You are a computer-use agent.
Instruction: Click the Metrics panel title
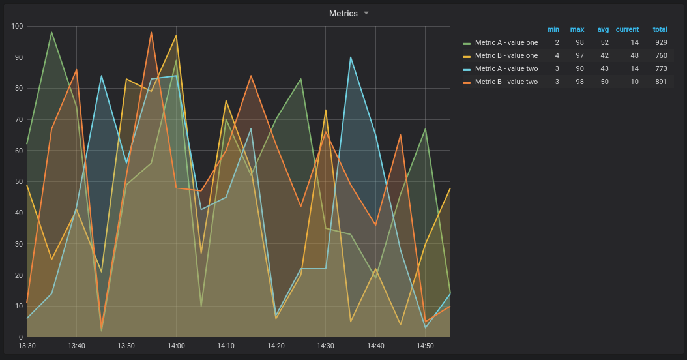(343, 13)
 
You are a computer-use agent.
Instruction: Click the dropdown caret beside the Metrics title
(366, 13)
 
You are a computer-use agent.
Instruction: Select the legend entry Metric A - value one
(506, 42)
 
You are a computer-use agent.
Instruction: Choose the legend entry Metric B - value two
(506, 82)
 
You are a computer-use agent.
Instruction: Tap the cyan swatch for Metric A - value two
(467, 69)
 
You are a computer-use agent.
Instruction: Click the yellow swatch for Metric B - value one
(467, 56)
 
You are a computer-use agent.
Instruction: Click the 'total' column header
(660, 29)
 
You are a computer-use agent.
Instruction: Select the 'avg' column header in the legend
(603, 29)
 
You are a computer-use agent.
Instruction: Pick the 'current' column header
(627, 29)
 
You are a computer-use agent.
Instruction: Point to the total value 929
(661, 42)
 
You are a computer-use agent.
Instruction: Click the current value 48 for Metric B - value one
(634, 55)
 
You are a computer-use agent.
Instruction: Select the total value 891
(661, 82)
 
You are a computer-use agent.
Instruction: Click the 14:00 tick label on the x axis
(176, 346)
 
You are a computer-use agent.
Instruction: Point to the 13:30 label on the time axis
(27, 346)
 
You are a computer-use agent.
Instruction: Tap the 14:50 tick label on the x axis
(425, 346)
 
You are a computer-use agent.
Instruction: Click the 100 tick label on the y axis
(16, 26)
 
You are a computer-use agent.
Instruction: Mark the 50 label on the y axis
(18, 181)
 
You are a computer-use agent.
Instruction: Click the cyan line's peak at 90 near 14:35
(351, 57)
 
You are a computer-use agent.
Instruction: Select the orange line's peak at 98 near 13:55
(151, 33)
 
